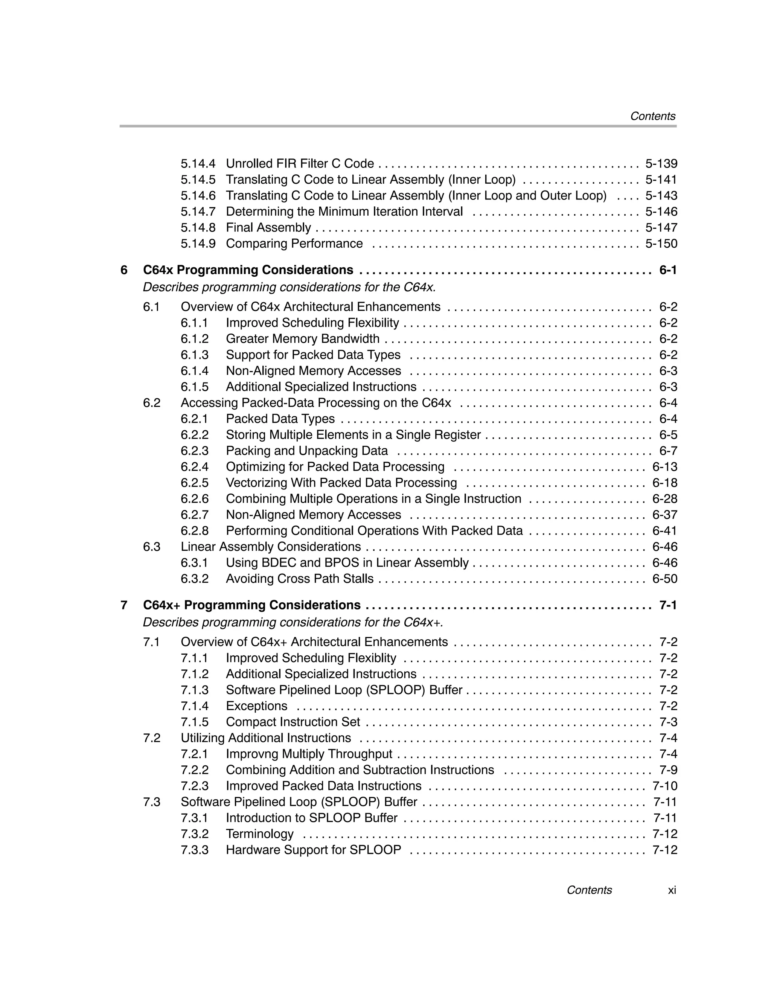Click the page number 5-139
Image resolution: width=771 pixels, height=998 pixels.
coord(661,164)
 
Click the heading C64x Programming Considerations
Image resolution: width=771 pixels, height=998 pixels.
coord(248,270)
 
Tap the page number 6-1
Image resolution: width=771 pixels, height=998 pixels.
coord(668,270)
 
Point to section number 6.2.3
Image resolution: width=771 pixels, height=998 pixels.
coord(194,451)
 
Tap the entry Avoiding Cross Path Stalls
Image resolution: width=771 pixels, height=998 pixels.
coord(299,579)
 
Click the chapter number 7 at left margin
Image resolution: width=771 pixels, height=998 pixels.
coord(124,605)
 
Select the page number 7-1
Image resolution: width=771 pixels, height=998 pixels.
coord(668,605)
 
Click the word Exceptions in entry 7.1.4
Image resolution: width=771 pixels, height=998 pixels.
coord(256,706)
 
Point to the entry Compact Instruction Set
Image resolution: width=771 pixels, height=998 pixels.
coord(293,722)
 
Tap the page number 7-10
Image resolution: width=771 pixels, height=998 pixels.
coord(664,786)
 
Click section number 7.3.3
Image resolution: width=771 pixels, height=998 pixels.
coord(194,850)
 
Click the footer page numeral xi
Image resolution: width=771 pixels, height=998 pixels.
coord(671,890)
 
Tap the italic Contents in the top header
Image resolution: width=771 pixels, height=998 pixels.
coord(652,116)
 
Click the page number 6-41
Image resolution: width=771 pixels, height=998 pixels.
coord(664,530)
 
